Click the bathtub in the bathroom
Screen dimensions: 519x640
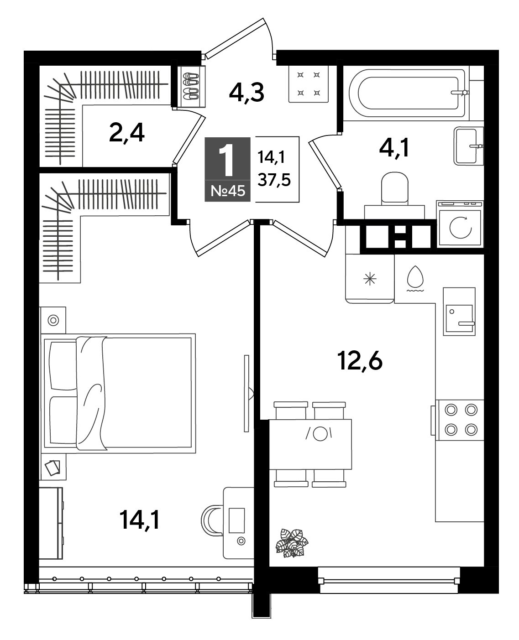coord(409,93)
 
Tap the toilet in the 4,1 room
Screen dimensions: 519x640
coord(394,195)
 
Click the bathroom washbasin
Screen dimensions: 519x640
coord(468,146)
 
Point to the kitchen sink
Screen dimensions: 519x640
coord(459,312)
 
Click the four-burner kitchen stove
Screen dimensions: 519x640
coord(460,420)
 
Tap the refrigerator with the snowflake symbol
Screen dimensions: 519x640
coord(370,279)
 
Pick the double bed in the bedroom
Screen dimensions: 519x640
coord(118,393)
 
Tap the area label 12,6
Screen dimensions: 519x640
coord(360,361)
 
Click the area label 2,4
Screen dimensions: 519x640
coord(127,133)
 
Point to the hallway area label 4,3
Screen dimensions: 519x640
coord(246,93)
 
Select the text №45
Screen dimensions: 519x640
coord(228,191)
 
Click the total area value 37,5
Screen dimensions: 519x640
coord(274,180)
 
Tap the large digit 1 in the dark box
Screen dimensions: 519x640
coord(226,160)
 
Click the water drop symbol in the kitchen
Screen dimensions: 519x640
coord(415,276)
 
